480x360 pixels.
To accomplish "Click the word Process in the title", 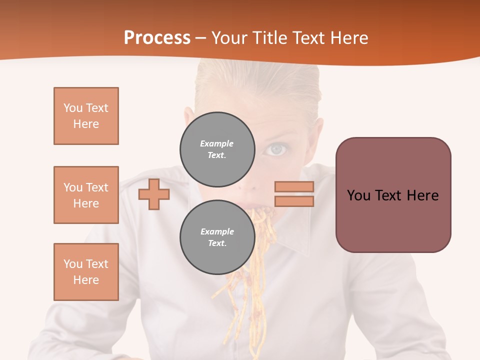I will pyautogui.click(x=157, y=38).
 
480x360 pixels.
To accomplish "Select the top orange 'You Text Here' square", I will pyautogui.click(x=86, y=116).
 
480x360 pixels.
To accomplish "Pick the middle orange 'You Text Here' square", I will pyautogui.click(x=86, y=195).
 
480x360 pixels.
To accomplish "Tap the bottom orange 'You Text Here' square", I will pyautogui.click(x=86, y=272).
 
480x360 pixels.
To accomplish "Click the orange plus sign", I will pyautogui.click(x=154, y=194).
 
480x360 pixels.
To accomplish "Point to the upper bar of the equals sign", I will pyautogui.click(x=294, y=186).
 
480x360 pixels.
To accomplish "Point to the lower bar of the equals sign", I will pyautogui.click(x=294, y=201).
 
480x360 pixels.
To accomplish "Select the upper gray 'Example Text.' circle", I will pyautogui.click(x=217, y=149).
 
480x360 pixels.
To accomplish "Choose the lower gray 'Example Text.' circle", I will pyautogui.click(x=217, y=237).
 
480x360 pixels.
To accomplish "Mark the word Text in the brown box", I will pyautogui.click(x=392, y=195).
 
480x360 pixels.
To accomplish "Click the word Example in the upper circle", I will pyautogui.click(x=217, y=143).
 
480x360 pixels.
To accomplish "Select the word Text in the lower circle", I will pyautogui.click(x=217, y=243).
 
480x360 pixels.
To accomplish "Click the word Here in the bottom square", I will pyautogui.click(x=86, y=280).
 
